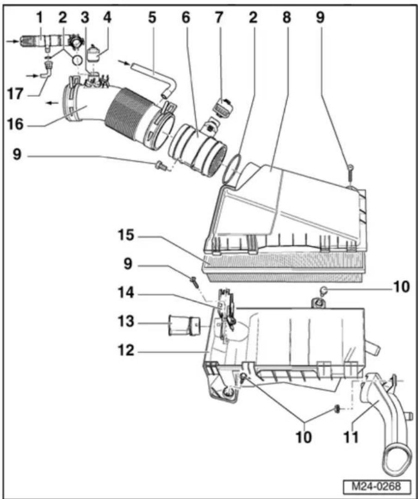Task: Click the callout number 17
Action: [x=15, y=94]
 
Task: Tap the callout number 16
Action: [x=15, y=124]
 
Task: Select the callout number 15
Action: [x=126, y=236]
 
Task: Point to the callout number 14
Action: [x=126, y=293]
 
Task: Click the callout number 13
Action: [x=126, y=322]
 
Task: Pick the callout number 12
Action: [x=126, y=351]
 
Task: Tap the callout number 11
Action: [x=351, y=437]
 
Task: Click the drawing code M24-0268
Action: [x=377, y=486]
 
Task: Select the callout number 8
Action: [x=287, y=17]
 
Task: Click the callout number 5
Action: [x=152, y=17]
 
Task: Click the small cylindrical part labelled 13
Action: [x=183, y=325]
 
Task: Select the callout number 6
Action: [x=186, y=17]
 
